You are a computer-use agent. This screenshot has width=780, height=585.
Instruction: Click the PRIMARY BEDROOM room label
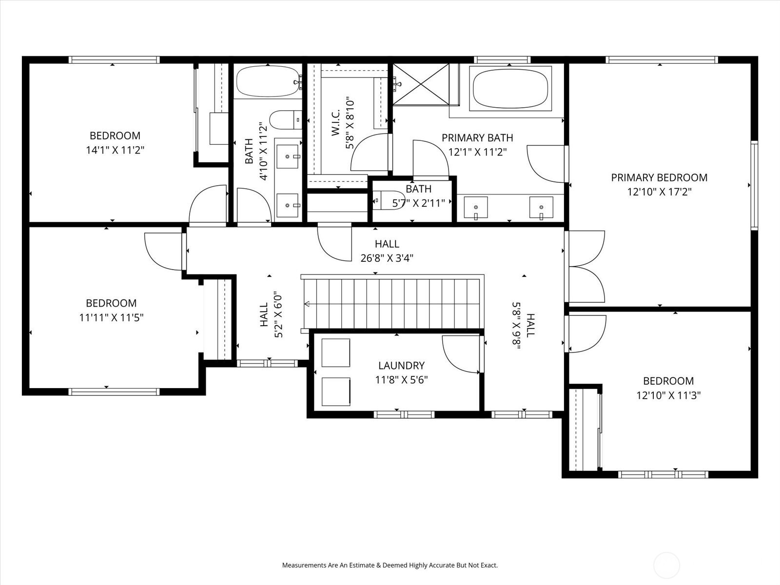[659, 177]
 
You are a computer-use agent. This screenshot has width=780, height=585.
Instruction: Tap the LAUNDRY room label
[402, 366]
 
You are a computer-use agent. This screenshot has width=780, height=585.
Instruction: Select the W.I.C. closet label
[336, 122]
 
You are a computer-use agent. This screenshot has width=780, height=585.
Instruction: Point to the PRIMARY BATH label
[477, 138]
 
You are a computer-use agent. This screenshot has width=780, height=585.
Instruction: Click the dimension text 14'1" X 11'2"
[115, 150]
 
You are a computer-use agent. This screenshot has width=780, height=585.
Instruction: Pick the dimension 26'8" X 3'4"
[387, 258]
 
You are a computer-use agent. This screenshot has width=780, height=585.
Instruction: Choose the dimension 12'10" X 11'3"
[668, 395]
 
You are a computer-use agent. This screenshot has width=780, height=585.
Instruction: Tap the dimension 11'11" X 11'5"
[111, 317]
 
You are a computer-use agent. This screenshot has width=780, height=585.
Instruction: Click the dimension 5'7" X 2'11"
[419, 203]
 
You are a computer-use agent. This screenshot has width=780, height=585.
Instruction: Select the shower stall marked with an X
[421, 84]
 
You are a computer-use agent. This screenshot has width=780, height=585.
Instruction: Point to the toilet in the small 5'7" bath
[389, 200]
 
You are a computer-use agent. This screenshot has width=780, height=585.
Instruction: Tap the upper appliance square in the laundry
[336, 352]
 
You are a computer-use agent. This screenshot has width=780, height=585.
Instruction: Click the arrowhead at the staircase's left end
[307, 304]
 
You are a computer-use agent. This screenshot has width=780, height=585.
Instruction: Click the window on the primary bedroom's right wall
[754, 185]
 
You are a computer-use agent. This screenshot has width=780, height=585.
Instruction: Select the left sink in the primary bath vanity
[476, 208]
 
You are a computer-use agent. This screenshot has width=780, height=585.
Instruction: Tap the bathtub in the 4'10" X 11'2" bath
[268, 81]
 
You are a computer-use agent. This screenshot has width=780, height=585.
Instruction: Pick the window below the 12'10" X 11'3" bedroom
[663, 474]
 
